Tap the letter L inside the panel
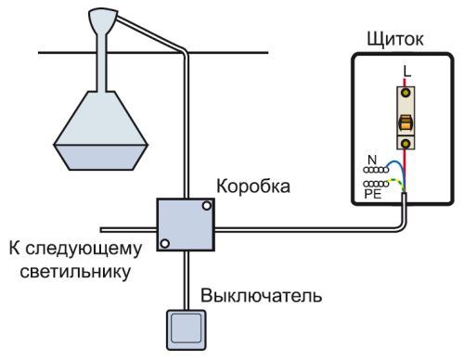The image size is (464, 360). pos(405,71)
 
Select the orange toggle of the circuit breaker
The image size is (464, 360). pos(406,124)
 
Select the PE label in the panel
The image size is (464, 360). pos(372,196)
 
